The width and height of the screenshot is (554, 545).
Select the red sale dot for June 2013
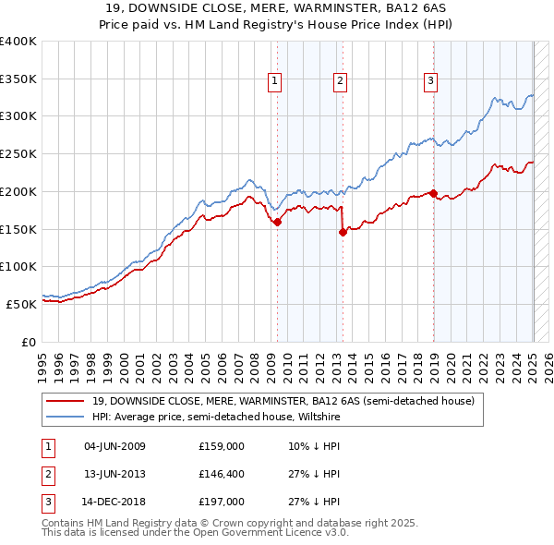(x=343, y=232)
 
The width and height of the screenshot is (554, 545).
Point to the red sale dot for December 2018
(x=433, y=193)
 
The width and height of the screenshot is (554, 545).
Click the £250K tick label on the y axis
(x=18, y=153)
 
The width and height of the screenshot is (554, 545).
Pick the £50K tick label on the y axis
(x=22, y=303)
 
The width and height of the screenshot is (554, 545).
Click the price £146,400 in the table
(x=222, y=474)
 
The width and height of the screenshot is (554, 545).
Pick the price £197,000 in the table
(x=222, y=502)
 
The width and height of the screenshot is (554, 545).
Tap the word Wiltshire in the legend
(x=318, y=417)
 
